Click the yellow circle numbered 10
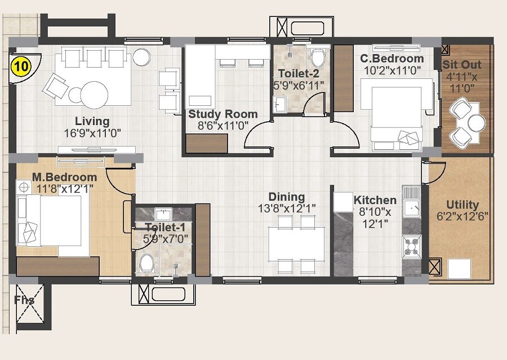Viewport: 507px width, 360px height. [x=20, y=66]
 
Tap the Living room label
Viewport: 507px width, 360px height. [x=92, y=121]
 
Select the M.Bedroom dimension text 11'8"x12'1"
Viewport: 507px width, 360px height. [x=64, y=189]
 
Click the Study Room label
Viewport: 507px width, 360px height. [x=223, y=114]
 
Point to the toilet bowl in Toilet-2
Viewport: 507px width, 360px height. [x=318, y=57]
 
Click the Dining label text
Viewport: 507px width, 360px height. [x=286, y=197]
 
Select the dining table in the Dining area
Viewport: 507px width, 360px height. [x=296, y=243]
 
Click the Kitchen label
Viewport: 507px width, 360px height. [x=375, y=200]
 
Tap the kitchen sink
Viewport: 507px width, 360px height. [x=411, y=207]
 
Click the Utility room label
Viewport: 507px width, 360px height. [x=462, y=205]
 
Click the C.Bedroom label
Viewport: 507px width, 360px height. [x=393, y=59]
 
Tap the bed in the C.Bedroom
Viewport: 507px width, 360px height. [x=396, y=115]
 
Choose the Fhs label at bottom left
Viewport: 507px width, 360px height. [x=24, y=300]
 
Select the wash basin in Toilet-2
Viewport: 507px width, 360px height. [x=280, y=105]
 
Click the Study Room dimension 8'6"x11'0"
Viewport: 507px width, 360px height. [x=217, y=126]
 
